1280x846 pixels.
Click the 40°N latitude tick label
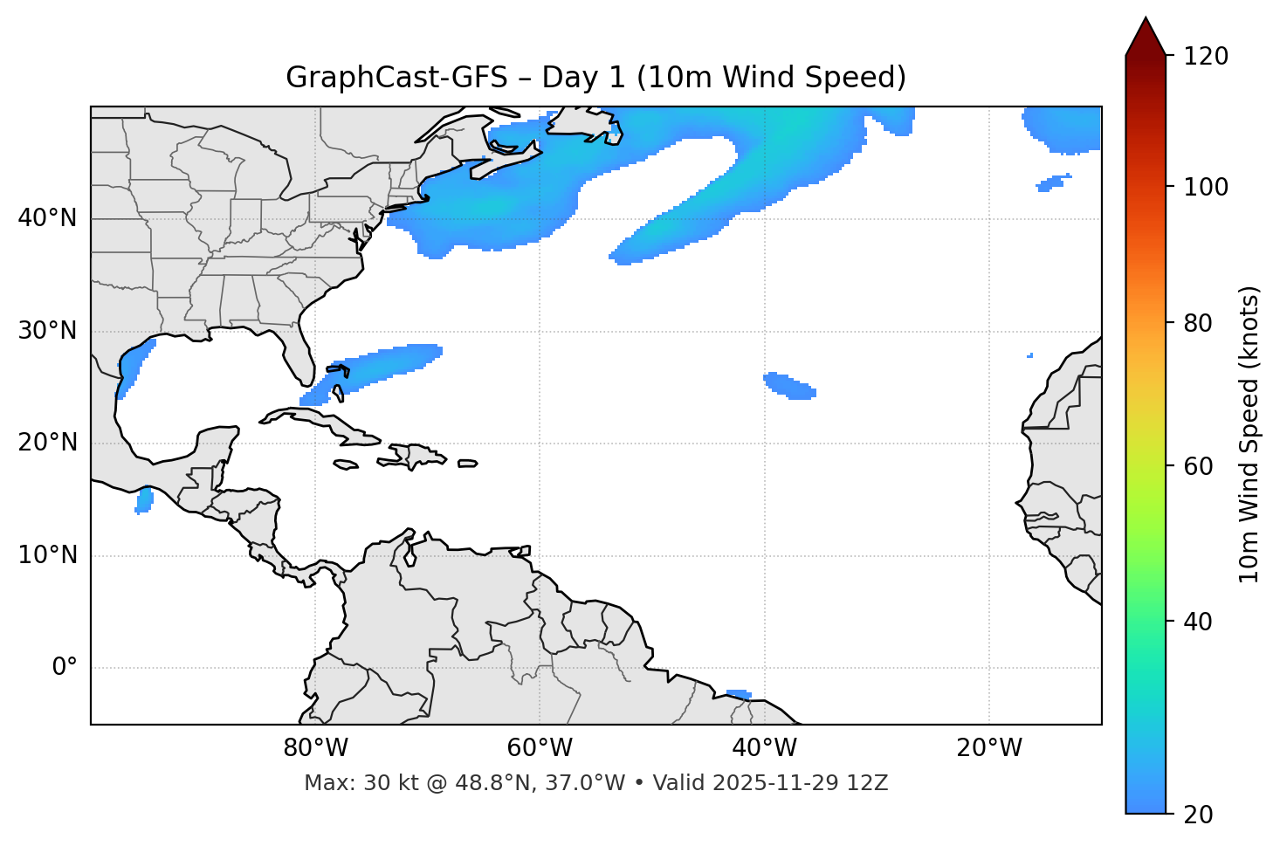coord(47,218)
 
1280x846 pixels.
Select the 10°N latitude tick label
coord(47,555)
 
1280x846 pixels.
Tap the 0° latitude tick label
coord(65,668)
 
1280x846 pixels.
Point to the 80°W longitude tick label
coord(315,748)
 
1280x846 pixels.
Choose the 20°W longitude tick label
coord(989,748)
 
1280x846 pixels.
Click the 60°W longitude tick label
coord(540,748)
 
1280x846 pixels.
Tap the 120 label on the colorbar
coord(1207,57)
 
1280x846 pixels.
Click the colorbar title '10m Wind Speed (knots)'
coord(1249,434)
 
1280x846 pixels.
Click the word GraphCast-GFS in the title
coord(396,78)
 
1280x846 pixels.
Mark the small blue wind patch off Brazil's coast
coord(739,694)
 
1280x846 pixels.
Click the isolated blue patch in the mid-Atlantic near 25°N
coord(789,386)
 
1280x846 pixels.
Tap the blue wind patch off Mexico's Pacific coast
coord(144,500)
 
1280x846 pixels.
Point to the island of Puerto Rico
coord(467,464)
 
